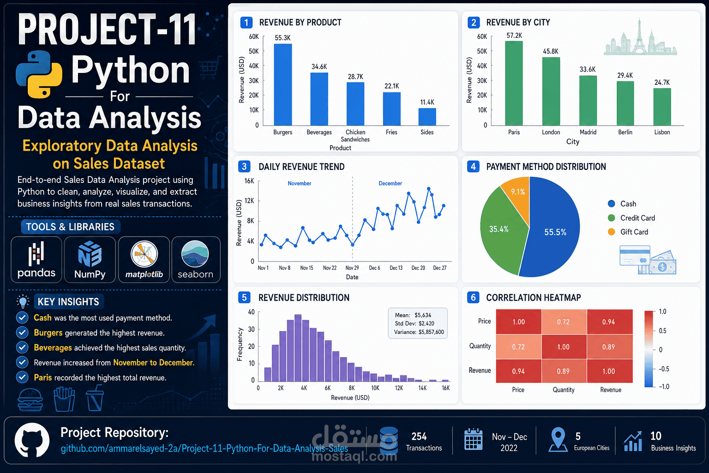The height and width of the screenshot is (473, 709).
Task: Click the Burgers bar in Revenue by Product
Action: [x=282, y=85]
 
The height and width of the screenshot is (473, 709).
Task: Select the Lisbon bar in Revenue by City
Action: [x=662, y=107]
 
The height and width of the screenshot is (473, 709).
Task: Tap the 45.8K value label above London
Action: [x=551, y=51]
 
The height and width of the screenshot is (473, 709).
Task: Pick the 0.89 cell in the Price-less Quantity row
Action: [x=608, y=347]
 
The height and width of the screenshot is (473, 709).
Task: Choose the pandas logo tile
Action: [x=36, y=260]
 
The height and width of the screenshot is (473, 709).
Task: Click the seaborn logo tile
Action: [x=196, y=260]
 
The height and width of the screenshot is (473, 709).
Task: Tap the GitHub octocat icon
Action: [x=32, y=440]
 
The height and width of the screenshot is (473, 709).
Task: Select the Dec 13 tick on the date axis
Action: [x=396, y=268]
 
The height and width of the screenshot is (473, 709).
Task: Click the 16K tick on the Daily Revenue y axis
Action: [x=249, y=181]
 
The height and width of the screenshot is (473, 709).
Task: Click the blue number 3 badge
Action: [x=244, y=167]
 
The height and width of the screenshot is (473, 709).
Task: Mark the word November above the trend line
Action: [x=300, y=183]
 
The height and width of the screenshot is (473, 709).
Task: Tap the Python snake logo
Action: [x=39, y=74]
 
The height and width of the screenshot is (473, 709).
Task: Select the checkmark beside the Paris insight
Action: [x=22, y=377]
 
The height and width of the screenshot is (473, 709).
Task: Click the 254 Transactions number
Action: [x=419, y=437]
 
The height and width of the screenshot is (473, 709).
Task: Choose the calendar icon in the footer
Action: [x=473, y=439]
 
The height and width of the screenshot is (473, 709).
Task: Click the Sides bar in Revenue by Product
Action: [x=427, y=117]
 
